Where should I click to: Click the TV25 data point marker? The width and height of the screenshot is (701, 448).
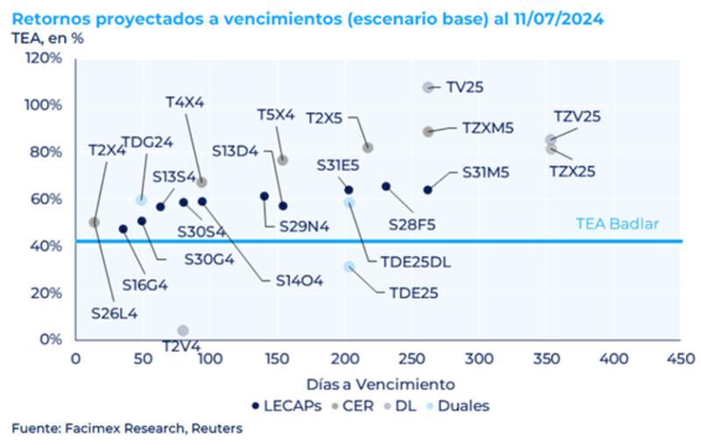[428, 87]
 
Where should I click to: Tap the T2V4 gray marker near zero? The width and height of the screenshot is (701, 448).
[182, 331]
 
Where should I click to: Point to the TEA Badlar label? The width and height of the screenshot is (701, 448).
[617, 224]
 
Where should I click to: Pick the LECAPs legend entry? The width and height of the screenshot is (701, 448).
[285, 405]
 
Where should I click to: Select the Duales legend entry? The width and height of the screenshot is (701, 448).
[464, 405]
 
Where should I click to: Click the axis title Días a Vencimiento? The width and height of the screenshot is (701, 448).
[380, 384]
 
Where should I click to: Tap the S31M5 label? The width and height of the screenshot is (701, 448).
[485, 173]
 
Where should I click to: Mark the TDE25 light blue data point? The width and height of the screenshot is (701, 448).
[350, 267]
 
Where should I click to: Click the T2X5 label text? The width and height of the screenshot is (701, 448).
[324, 117]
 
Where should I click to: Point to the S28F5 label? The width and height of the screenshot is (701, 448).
[412, 224]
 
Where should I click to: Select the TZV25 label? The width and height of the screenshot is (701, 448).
[577, 117]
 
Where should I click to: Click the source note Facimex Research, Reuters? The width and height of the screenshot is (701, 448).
[127, 429]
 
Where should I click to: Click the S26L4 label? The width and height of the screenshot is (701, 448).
[113, 312]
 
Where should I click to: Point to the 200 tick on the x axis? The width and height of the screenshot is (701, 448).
[344, 359]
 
